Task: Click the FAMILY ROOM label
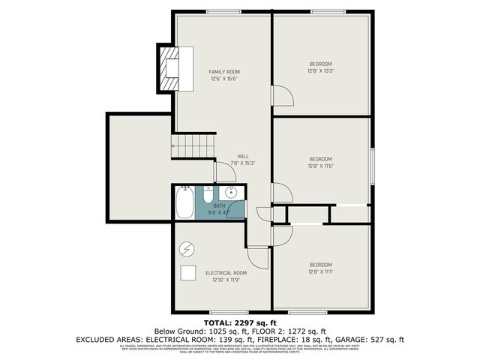click(223, 72)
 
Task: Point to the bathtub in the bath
click(184, 202)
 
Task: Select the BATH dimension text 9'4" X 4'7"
click(219, 213)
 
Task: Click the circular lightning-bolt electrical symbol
click(188, 249)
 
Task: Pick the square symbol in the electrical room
click(188, 274)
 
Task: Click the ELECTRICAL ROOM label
click(226, 273)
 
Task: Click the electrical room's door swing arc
click(259, 259)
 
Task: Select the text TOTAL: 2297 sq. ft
click(240, 322)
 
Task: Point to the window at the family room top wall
click(220, 11)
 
